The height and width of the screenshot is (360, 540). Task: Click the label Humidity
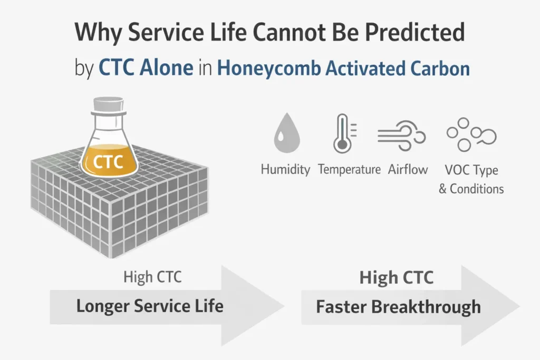[x=285, y=170]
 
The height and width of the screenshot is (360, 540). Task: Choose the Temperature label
[x=349, y=170]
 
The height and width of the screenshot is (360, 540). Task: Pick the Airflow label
[x=408, y=170]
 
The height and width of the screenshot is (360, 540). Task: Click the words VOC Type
[x=471, y=170]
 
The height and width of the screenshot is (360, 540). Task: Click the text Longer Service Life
[x=150, y=306]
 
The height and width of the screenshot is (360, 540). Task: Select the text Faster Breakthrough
[x=398, y=306]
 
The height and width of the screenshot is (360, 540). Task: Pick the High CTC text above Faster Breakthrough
[x=396, y=278]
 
